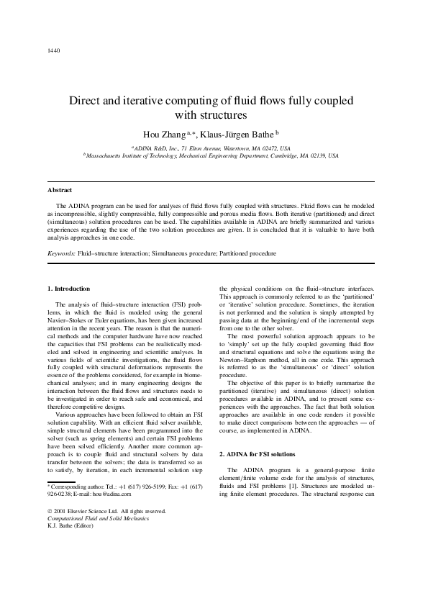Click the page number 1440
pos(53,50)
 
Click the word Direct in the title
pos(85,101)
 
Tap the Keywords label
pos(61,253)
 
